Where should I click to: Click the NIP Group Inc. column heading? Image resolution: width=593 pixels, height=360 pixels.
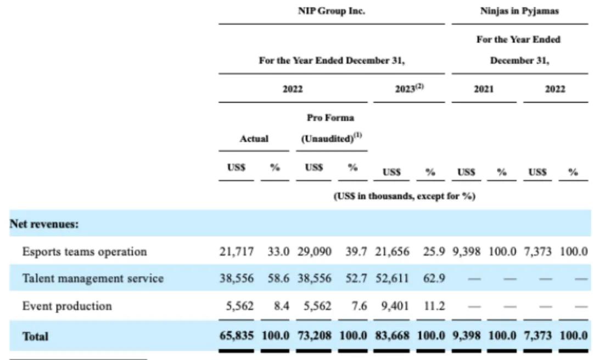tap(331, 11)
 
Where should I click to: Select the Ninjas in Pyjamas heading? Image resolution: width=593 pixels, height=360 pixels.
tap(519, 11)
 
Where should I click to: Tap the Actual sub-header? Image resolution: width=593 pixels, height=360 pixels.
tap(254, 139)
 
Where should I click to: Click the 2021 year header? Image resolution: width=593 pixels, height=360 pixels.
tap(484, 89)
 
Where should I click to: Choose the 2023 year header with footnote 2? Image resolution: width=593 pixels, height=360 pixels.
tap(409, 89)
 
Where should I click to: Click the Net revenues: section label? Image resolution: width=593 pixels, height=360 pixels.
tap(43, 224)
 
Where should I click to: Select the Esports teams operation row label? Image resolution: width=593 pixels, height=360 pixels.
tap(85, 251)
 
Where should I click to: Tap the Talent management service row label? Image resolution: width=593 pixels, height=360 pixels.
tap(93, 278)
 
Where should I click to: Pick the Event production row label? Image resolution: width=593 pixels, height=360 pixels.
tap(67, 306)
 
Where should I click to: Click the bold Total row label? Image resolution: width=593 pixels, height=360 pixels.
tap(35, 336)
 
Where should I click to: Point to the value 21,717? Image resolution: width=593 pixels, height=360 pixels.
tap(236, 251)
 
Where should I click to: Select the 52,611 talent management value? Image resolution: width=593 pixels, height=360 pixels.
tap(391, 278)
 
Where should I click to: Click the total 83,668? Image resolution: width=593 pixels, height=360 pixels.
tap(391, 336)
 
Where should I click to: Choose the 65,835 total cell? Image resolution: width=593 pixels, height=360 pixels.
tap(236, 336)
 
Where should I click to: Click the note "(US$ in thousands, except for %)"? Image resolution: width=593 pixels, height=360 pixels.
tap(404, 196)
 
